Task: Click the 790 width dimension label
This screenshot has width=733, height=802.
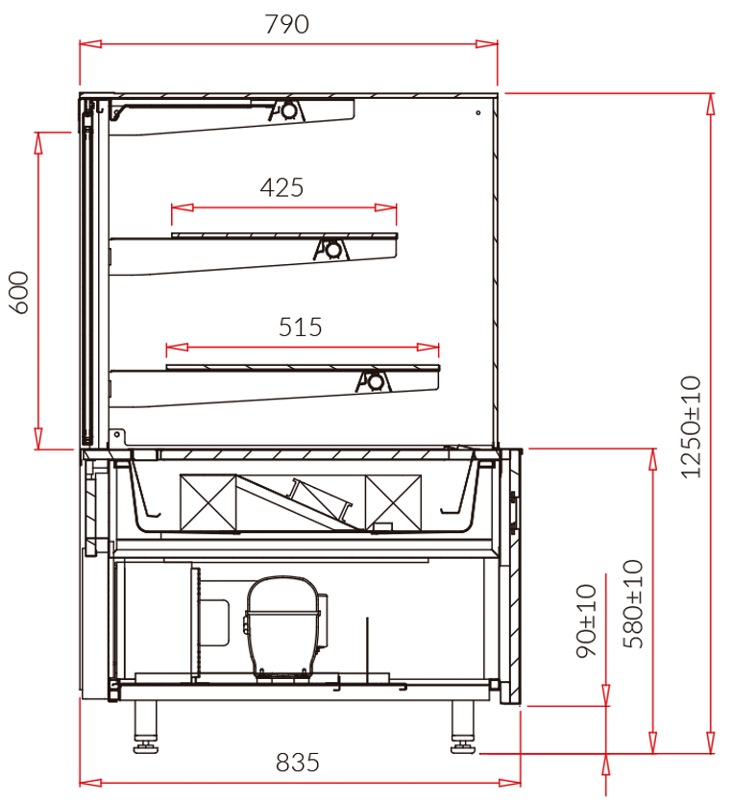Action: click(287, 24)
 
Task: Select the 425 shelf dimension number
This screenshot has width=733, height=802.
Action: click(281, 187)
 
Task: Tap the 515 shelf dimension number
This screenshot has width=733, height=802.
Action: click(301, 328)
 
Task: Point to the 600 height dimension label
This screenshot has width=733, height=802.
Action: click(19, 292)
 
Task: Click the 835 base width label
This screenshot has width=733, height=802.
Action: click(298, 763)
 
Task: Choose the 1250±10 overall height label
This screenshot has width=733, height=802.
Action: click(691, 427)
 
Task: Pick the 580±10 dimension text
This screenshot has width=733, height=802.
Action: click(633, 604)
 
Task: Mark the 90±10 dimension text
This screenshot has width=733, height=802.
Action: click(587, 620)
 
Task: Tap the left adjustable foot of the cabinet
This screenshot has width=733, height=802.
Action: click(146, 727)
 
